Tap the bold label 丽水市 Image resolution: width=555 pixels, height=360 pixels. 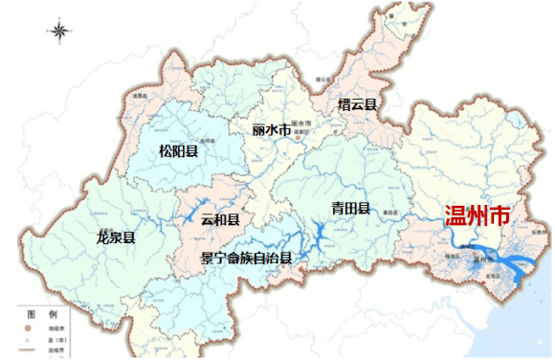pos(270,127)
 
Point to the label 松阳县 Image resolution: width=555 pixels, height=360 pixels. pos(178,150)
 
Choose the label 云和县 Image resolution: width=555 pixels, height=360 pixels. pos(220,219)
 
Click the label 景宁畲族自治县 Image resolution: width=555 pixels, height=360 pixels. pos(246,258)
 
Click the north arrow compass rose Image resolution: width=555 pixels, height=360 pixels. pos(60,32)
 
